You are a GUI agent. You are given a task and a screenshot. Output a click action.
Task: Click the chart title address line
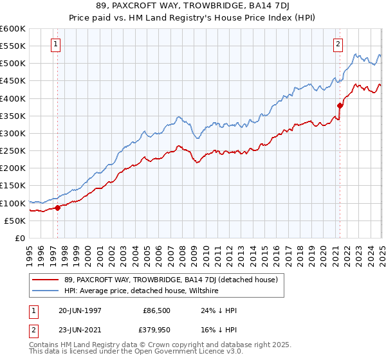pyautogui.click(x=192, y=6)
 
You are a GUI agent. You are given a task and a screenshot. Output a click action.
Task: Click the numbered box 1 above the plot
pyautogui.click(x=57, y=44)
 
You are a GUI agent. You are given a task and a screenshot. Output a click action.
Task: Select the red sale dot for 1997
pyautogui.click(x=57, y=208)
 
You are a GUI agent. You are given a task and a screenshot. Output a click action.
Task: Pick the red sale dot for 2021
pyautogui.click(x=340, y=105)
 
